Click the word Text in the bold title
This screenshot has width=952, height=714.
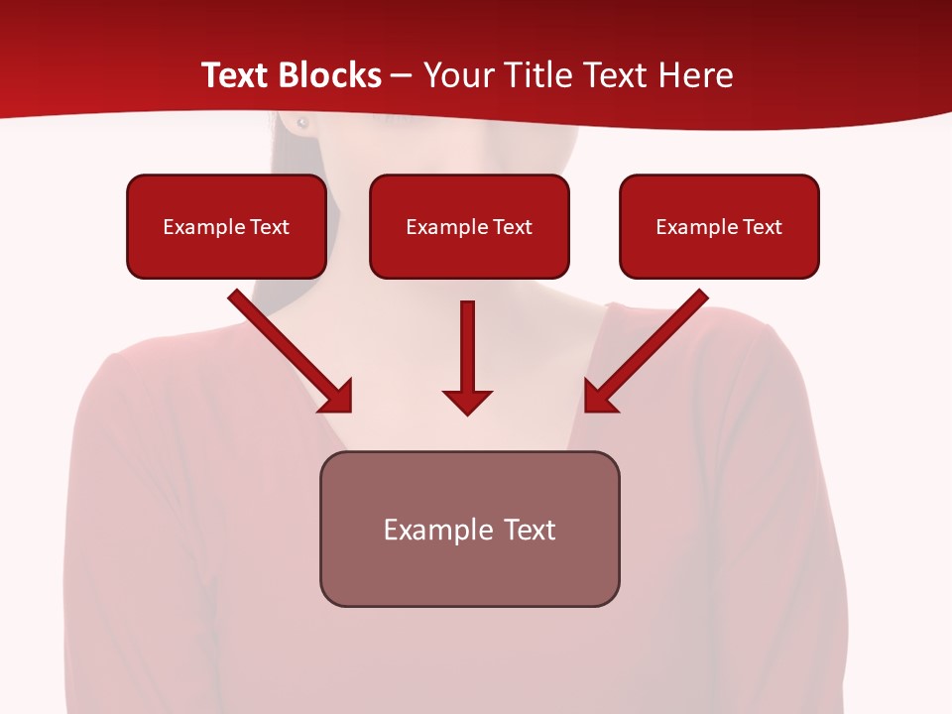(x=236, y=75)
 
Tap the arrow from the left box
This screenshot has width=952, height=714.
(x=290, y=351)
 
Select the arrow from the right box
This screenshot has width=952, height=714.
(x=647, y=351)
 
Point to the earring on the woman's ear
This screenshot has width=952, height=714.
(x=302, y=123)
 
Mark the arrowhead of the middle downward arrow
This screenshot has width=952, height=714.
(x=467, y=401)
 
